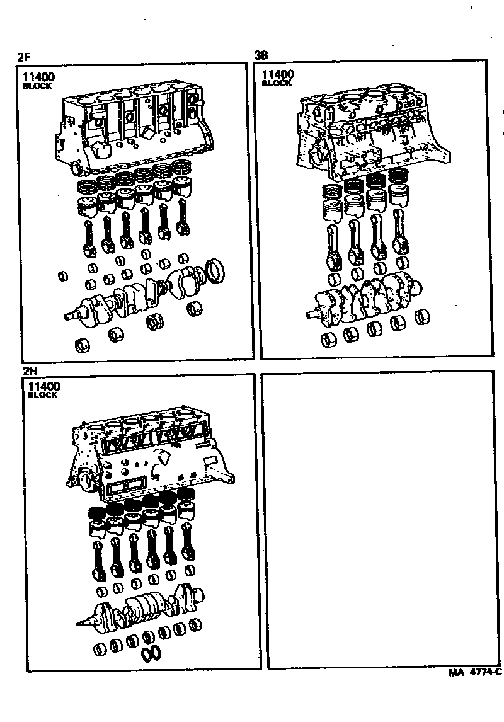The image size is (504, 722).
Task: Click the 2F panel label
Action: [24, 57]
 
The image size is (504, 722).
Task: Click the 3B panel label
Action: [261, 55]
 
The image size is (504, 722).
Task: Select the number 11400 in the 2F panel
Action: [38, 77]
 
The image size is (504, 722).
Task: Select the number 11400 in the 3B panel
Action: [278, 74]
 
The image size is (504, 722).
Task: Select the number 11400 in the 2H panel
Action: [43, 386]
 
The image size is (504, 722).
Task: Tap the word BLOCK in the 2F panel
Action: [37, 86]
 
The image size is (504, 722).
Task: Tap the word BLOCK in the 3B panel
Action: [277, 83]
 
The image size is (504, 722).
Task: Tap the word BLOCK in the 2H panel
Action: [43, 395]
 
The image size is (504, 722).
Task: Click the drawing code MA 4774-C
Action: [475, 672]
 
